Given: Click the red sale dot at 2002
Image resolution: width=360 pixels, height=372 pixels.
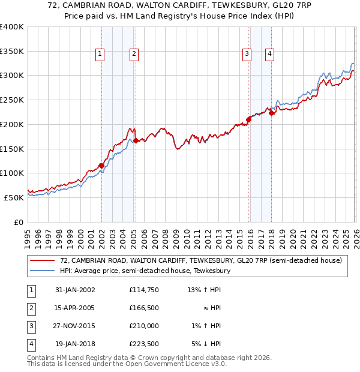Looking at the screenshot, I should (101, 166).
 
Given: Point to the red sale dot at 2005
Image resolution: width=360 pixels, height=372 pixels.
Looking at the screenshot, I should (136, 140).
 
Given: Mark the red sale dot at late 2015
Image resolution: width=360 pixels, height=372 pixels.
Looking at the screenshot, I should (248, 119).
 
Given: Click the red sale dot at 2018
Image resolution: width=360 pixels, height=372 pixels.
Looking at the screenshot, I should (271, 112).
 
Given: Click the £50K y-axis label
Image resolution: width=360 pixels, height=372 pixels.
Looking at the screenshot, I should (14, 197).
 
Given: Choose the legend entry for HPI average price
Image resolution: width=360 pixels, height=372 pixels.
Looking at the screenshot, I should (145, 271).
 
